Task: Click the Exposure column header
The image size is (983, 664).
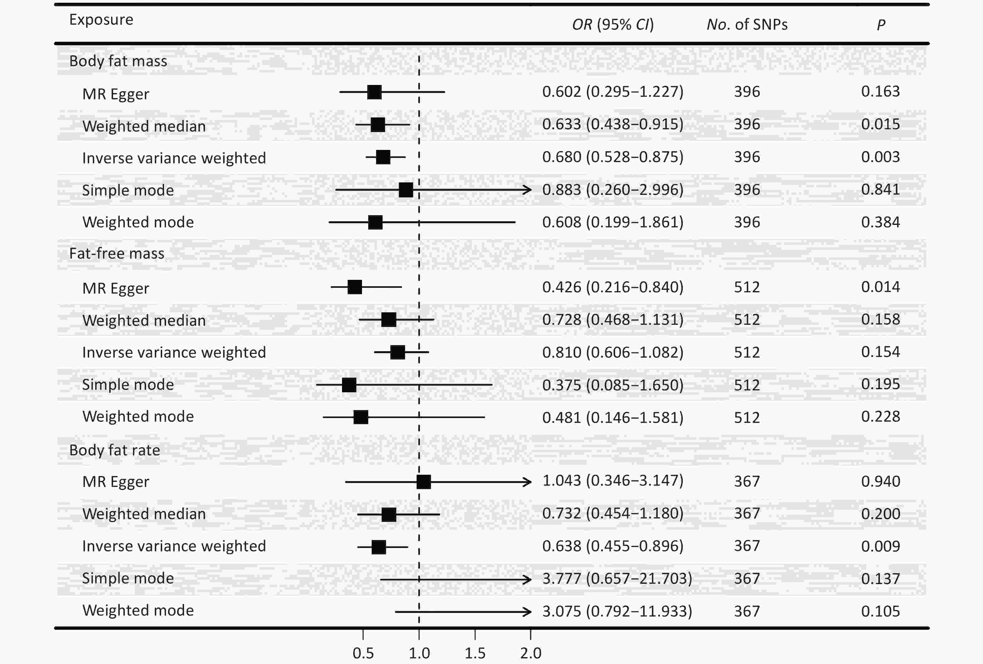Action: tap(101, 20)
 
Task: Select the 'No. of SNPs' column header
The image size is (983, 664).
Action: tap(747, 25)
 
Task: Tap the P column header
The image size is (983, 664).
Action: tap(881, 25)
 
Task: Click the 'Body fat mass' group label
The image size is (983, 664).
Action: tap(118, 61)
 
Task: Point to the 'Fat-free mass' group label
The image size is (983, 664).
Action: tap(116, 254)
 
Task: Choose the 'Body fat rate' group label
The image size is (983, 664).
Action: tap(115, 450)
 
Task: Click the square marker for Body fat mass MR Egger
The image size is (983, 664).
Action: tap(374, 92)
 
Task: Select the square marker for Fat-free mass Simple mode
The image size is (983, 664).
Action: tap(349, 385)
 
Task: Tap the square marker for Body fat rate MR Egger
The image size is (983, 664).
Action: tap(423, 482)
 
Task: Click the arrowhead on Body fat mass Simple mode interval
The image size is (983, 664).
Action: tap(528, 190)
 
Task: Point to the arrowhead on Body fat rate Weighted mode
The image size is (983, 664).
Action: tap(528, 612)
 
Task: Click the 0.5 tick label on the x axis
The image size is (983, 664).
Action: tap(363, 653)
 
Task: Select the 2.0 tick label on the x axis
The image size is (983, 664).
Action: tap(531, 653)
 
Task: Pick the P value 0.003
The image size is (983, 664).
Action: tap(881, 157)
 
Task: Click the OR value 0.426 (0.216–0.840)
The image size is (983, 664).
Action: tap(613, 287)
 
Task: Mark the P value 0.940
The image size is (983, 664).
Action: tap(881, 482)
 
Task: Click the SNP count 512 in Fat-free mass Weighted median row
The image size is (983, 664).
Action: tap(747, 320)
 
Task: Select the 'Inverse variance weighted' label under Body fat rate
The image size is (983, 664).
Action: tap(174, 546)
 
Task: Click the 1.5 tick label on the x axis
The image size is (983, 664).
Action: tap(475, 653)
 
